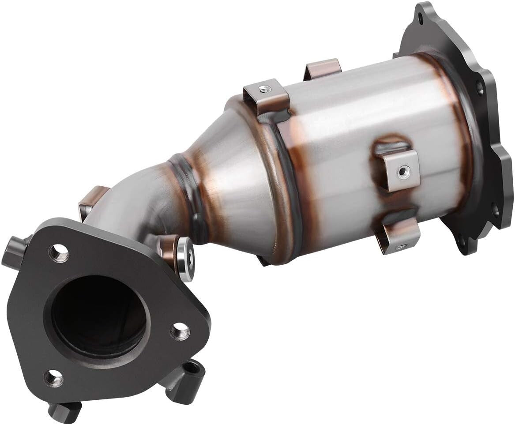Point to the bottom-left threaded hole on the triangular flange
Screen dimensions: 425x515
(x=53, y=378)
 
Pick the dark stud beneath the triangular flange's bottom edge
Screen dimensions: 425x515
(x=64, y=412)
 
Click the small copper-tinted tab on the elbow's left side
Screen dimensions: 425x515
(x=90, y=201)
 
